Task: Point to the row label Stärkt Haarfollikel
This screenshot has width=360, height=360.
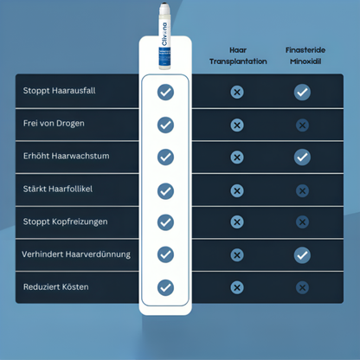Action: pyautogui.click(x=57, y=189)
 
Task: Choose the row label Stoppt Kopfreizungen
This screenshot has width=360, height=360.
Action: pyautogui.click(x=66, y=222)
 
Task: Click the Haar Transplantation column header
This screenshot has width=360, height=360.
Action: pyautogui.click(x=236, y=56)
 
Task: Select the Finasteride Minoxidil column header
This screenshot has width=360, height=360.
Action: pyautogui.click(x=302, y=56)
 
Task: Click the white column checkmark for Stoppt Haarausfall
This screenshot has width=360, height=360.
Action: pyautogui.click(x=165, y=92)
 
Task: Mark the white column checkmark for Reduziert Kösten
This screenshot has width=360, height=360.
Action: pyautogui.click(x=165, y=287)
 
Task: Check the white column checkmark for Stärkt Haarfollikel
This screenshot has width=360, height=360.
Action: pyautogui.click(x=165, y=190)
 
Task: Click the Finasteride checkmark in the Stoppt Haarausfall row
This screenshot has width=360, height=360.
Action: pyautogui.click(x=302, y=92)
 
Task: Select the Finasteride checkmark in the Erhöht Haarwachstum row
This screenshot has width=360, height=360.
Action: pyautogui.click(x=302, y=157)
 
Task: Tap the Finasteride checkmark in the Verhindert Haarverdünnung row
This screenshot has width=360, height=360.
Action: pyautogui.click(x=302, y=254)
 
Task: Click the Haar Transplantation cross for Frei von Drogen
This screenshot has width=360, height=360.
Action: pyautogui.click(x=236, y=125)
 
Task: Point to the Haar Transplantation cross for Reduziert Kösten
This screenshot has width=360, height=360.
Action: pyautogui.click(x=236, y=287)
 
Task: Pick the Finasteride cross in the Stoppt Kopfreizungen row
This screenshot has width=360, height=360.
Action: pyautogui.click(x=302, y=222)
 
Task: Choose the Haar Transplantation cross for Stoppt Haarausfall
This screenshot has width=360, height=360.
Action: pyautogui.click(x=236, y=92)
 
